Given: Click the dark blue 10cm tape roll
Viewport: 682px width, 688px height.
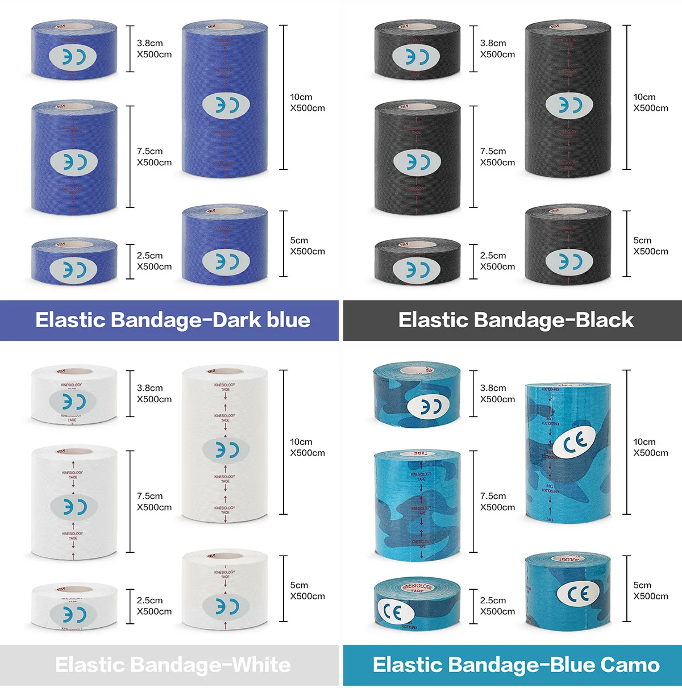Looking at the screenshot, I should click(x=225, y=102).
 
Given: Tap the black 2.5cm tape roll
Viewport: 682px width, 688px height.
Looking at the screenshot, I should click(x=417, y=262).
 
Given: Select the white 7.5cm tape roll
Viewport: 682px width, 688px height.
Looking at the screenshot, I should click(x=74, y=503).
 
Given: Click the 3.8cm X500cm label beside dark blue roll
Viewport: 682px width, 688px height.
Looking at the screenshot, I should click(x=154, y=49).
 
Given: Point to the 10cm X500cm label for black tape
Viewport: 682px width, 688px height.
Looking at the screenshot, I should click(x=651, y=102).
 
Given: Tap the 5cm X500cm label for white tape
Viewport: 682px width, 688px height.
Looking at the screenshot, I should click(x=307, y=590).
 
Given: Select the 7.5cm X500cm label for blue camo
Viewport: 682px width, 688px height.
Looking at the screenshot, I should click(x=497, y=502).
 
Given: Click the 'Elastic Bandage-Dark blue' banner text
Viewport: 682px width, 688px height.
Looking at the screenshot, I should click(x=173, y=320).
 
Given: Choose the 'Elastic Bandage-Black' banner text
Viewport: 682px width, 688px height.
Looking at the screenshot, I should click(x=516, y=320).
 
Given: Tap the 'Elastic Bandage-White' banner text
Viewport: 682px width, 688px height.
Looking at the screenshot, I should click(x=173, y=665).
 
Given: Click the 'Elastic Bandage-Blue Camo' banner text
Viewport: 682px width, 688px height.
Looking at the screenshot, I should click(x=516, y=665).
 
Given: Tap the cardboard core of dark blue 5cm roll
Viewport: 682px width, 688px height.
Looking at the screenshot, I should click(x=225, y=211).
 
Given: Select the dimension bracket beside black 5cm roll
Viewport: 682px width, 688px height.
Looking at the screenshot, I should click(x=627, y=244).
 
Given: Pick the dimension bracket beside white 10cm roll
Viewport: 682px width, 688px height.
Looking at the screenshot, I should click(x=284, y=442).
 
